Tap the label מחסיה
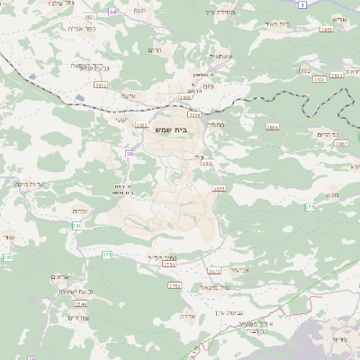215,125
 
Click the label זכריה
79,209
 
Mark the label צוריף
339,338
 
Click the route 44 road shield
112,12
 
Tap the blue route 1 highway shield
303,5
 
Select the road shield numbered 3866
272,128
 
